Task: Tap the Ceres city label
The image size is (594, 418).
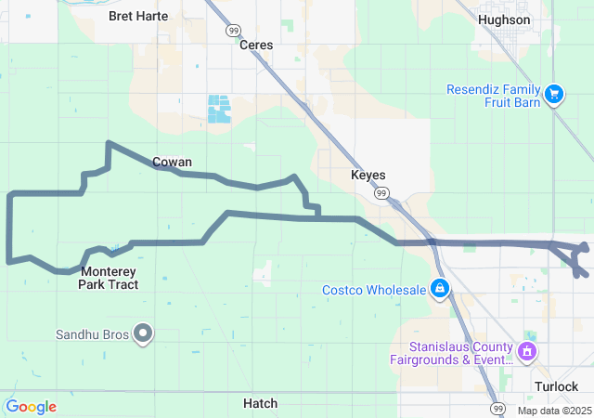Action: tap(256, 45)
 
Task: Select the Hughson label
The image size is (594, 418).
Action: tap(504, 20)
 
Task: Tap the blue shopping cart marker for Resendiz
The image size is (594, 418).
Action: tap(554, 94)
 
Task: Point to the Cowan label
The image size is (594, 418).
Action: tap(172, 162)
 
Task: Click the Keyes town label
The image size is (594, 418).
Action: tap(368, 175)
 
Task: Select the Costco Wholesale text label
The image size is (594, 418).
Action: tap(373, 290)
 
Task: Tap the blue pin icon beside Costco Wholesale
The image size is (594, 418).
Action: tap(441, 289)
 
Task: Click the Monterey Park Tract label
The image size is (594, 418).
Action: tap(110, 278)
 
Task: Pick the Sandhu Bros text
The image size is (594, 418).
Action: tap(90, 333)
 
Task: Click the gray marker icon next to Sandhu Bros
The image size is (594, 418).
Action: tap(143, 333)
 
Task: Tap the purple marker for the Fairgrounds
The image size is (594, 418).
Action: tap(527, 351)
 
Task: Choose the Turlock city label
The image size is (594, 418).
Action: tap(556, 386)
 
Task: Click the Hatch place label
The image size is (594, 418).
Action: tap(260, 403)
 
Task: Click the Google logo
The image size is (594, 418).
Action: tap(31, 407)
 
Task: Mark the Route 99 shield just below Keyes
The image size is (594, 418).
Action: tap(381, 193)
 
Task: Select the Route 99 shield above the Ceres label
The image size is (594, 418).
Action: tap(233, 30)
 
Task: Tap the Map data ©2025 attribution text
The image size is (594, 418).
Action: tap(554, 411)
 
